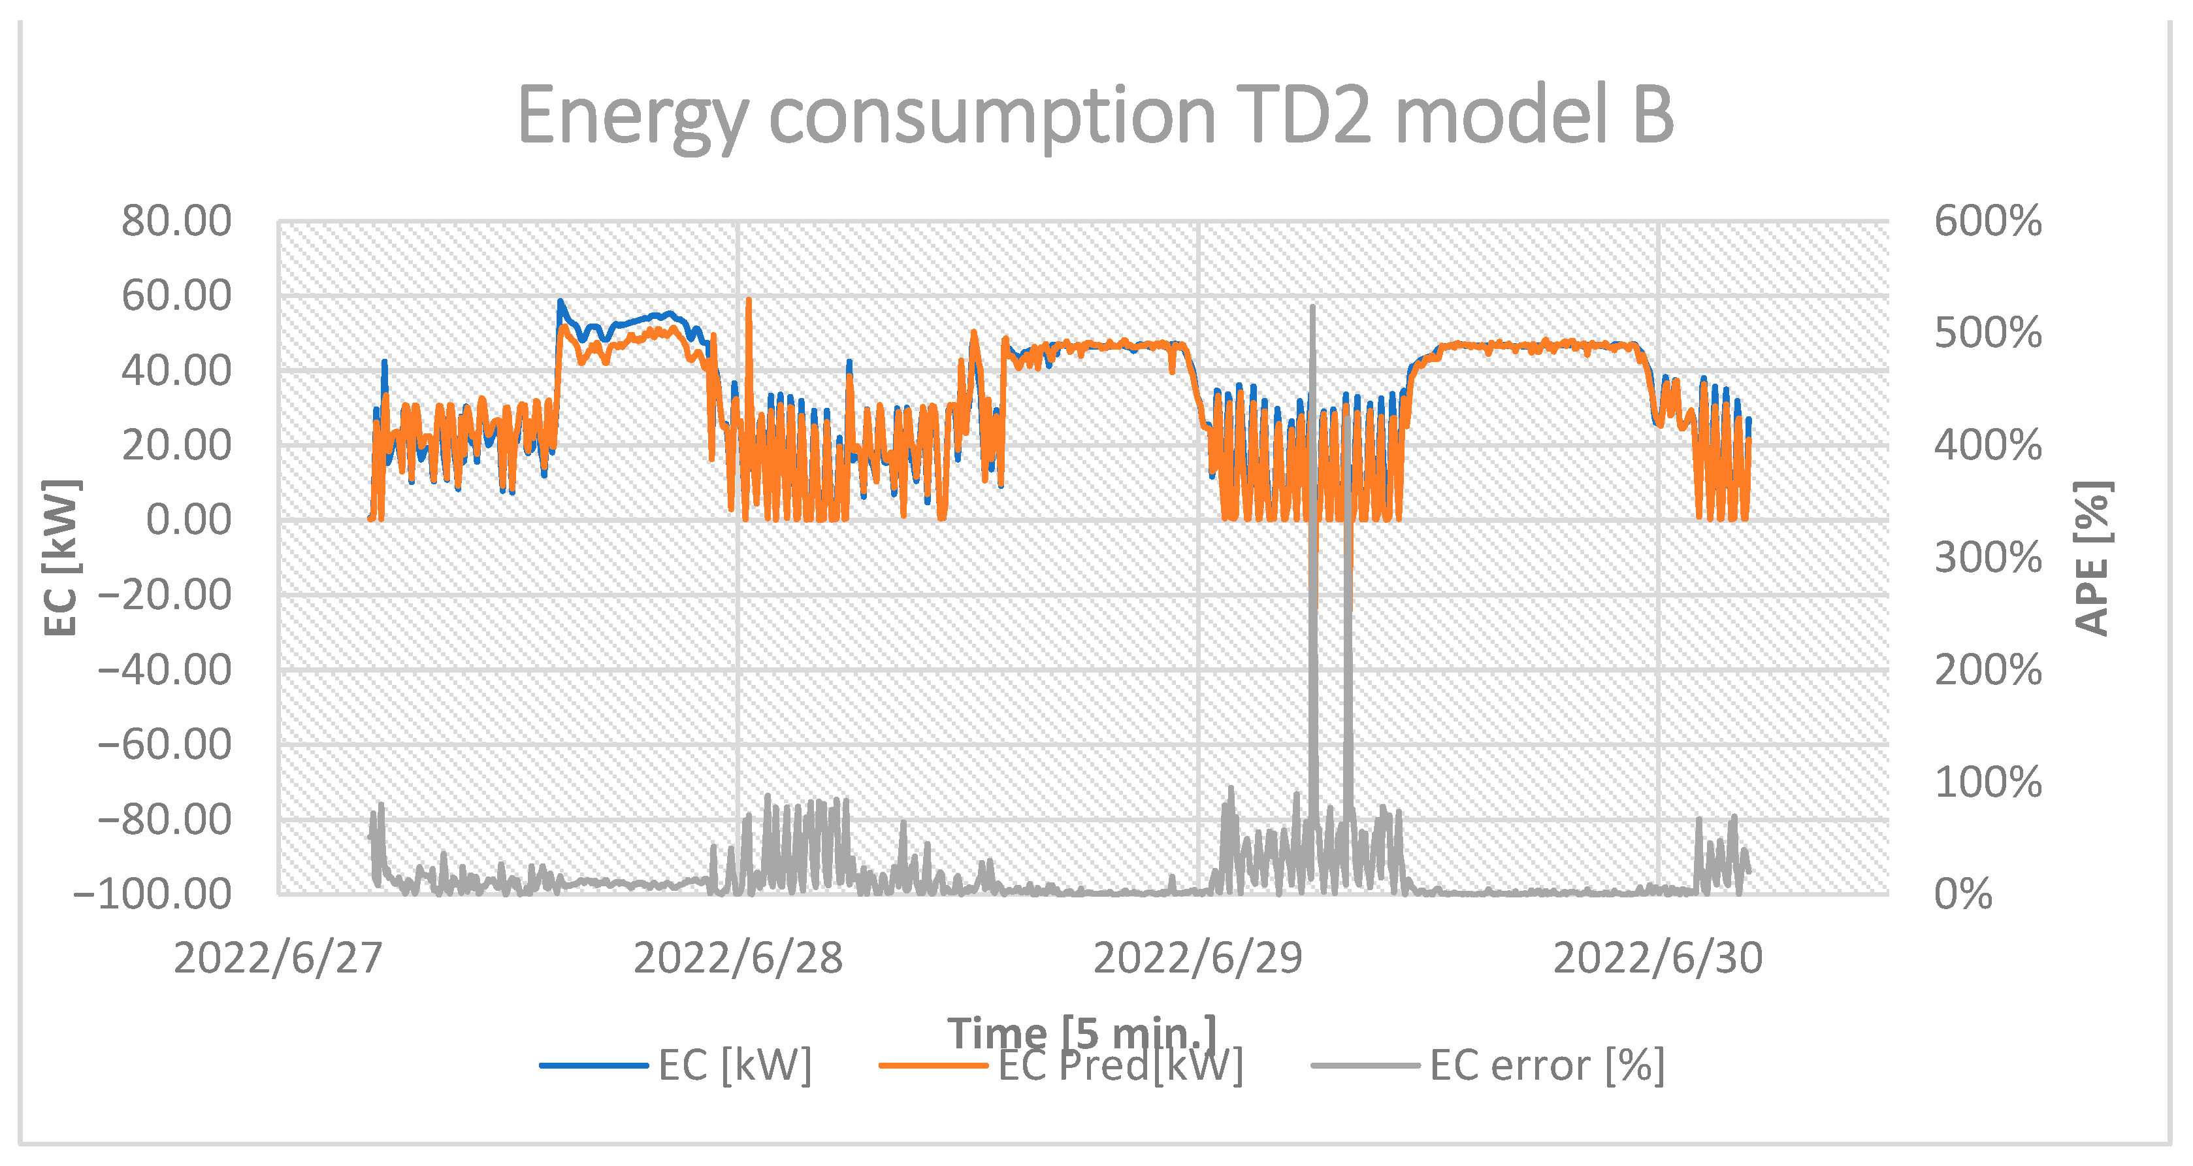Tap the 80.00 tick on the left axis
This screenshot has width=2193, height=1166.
point(176,222)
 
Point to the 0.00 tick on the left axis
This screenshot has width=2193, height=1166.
point(188,520)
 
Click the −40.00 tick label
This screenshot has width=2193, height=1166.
point(165,671)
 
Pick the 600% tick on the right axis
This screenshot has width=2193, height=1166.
point(1987,222)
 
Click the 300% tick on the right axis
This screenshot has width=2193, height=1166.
point(1987,558)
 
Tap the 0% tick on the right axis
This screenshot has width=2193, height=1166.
point(1962,894)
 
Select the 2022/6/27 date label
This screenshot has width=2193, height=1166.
point(278,958)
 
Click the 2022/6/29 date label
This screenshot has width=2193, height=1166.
point(1198,958)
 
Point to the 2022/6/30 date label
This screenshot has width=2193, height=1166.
point(1657,958)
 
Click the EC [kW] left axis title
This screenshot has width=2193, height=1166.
point(61,558)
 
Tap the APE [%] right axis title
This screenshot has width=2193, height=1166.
point(2092,558)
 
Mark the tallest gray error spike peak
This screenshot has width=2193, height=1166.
point(1313,307)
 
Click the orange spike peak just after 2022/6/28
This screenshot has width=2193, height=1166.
point(748,300)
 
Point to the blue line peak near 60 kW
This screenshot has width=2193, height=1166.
point(560,301)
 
